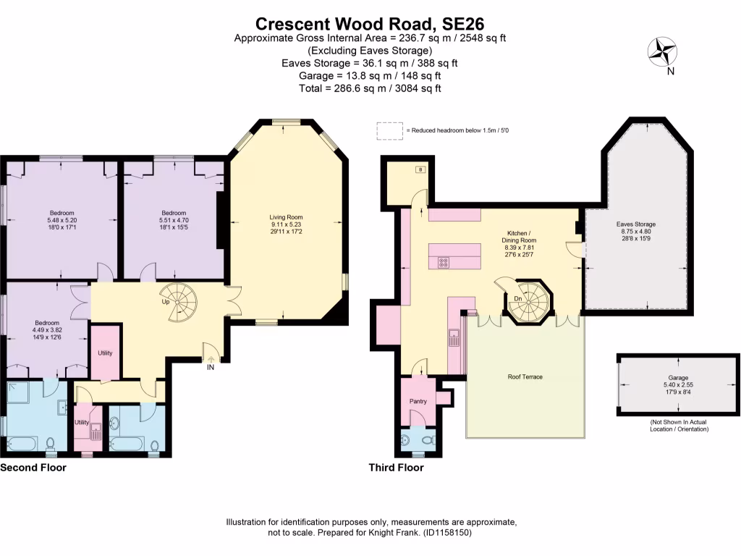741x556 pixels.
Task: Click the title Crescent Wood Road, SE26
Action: click(370, 23)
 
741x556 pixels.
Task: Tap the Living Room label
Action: click(287, 217)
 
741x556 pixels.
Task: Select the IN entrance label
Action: click(211, 368)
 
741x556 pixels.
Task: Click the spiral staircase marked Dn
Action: click(528, 299)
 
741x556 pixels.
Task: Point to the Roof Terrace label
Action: click(525, 377)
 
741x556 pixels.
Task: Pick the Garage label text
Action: click(677, 378)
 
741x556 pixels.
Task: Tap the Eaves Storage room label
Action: click(635, 224)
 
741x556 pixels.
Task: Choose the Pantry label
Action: click(418, 401)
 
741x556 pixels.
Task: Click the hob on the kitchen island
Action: click(443, 262)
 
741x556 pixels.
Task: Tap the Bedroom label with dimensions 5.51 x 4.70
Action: click(174, 213)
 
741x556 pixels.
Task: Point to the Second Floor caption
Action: click(33, 468)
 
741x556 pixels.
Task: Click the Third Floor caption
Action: click(396, 468)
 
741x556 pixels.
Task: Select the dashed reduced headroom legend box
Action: click(389, 130)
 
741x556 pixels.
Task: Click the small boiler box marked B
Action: click(420, 169)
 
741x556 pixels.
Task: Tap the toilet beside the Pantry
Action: click(427, 439)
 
